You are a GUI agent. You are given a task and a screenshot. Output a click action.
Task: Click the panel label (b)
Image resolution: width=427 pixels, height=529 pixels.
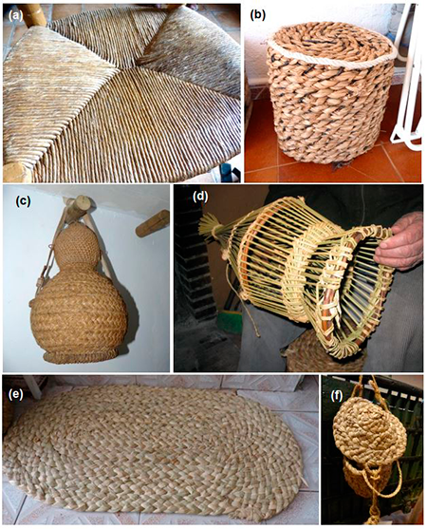[x=258, y=16]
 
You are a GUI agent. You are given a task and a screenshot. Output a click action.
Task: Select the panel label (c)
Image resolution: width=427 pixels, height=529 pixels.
[x=23, y=200]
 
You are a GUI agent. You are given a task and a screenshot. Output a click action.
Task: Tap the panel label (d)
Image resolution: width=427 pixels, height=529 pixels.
[x=200, y=197]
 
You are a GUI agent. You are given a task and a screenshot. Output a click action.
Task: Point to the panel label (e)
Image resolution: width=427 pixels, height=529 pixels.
[x=15, y=395]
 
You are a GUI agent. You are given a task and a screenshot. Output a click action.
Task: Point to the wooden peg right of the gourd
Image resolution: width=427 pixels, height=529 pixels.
[x=153, y=223]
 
